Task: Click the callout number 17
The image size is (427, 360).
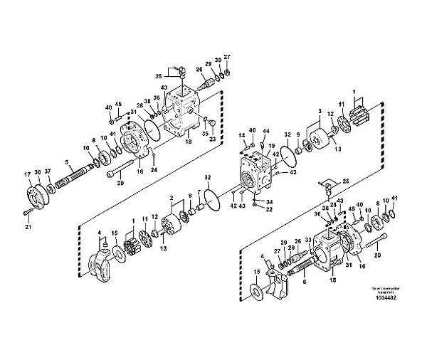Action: tap(28, 174)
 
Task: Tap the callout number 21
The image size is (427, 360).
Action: tap(28, 227)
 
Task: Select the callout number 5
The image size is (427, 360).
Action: tap(67, 162)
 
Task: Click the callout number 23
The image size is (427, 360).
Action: tap(213, 140)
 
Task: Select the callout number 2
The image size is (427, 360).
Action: tap(172, 198)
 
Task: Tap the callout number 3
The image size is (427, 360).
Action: tap(320, 112)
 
